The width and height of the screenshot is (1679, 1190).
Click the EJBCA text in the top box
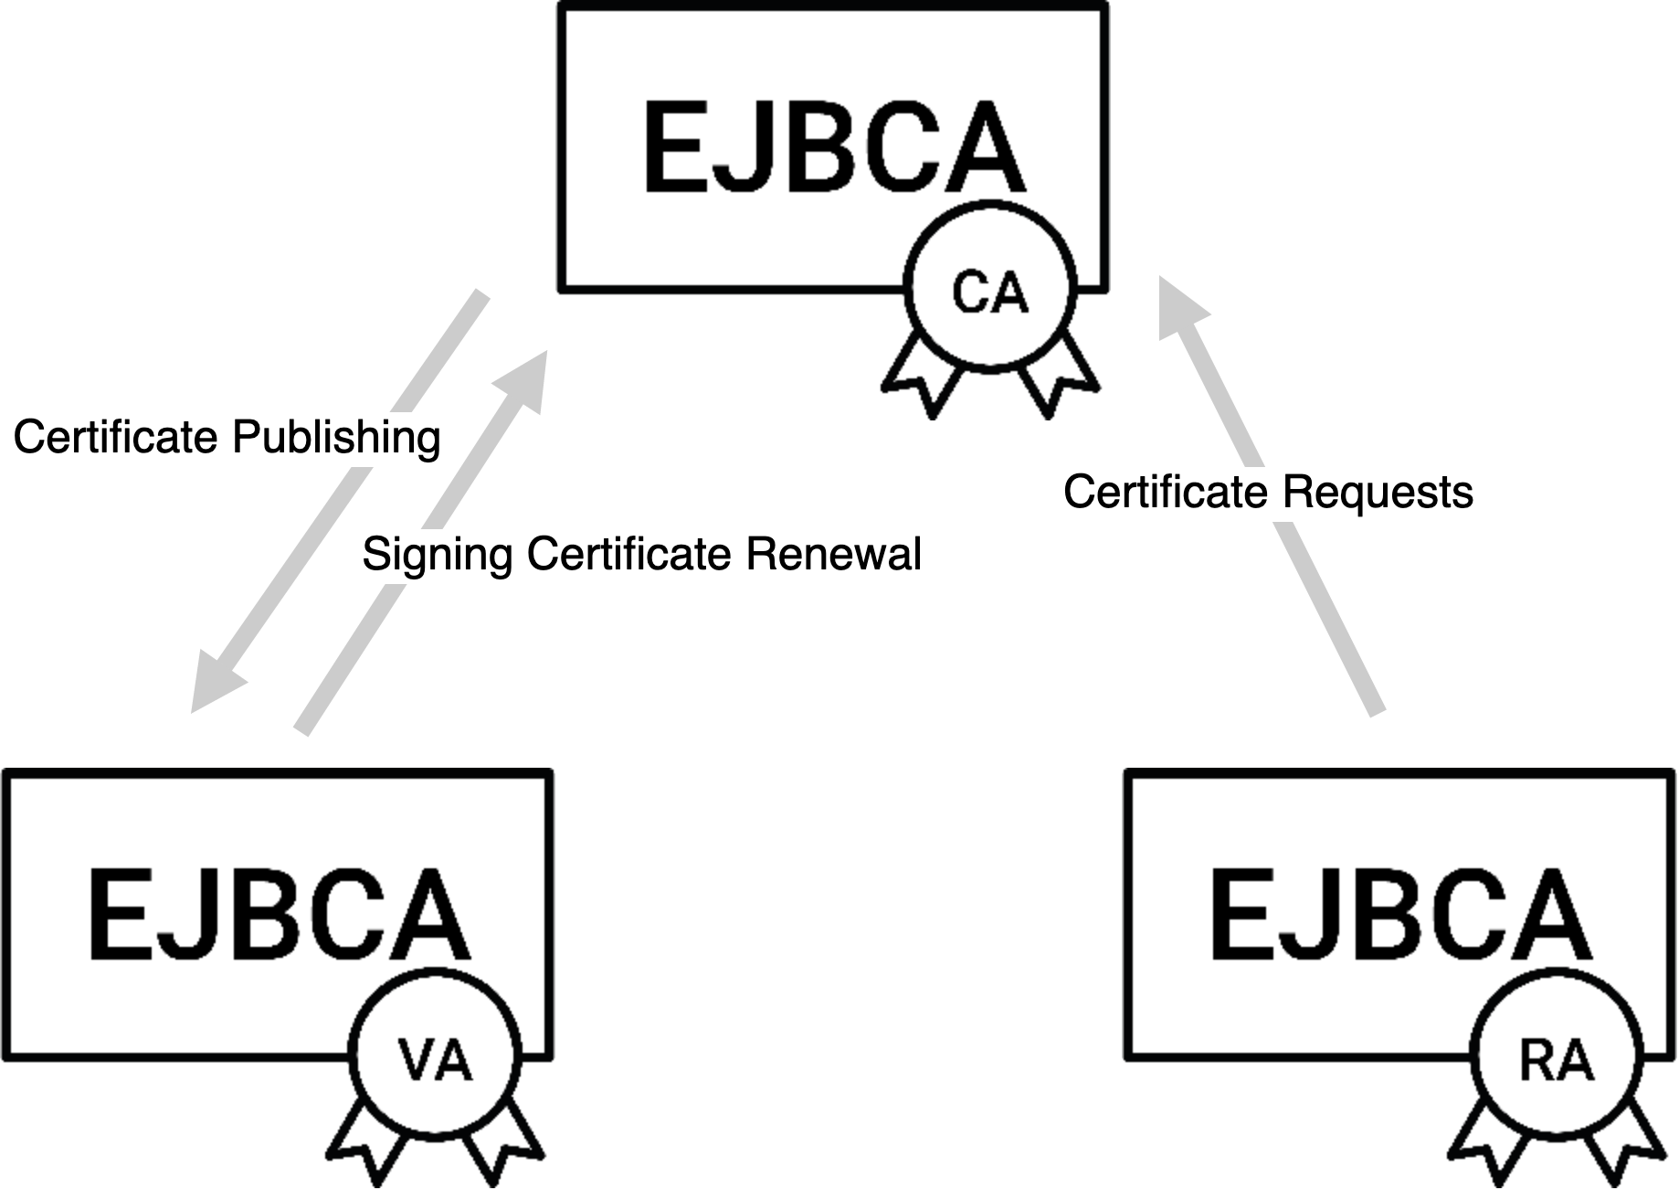(834, 148)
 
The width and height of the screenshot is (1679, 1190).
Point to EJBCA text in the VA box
(278, 915)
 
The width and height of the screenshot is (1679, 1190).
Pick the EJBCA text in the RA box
(1399, 915)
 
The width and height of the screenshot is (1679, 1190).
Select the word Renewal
(833, 554)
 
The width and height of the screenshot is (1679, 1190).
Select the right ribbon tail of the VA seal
(502, 1142)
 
